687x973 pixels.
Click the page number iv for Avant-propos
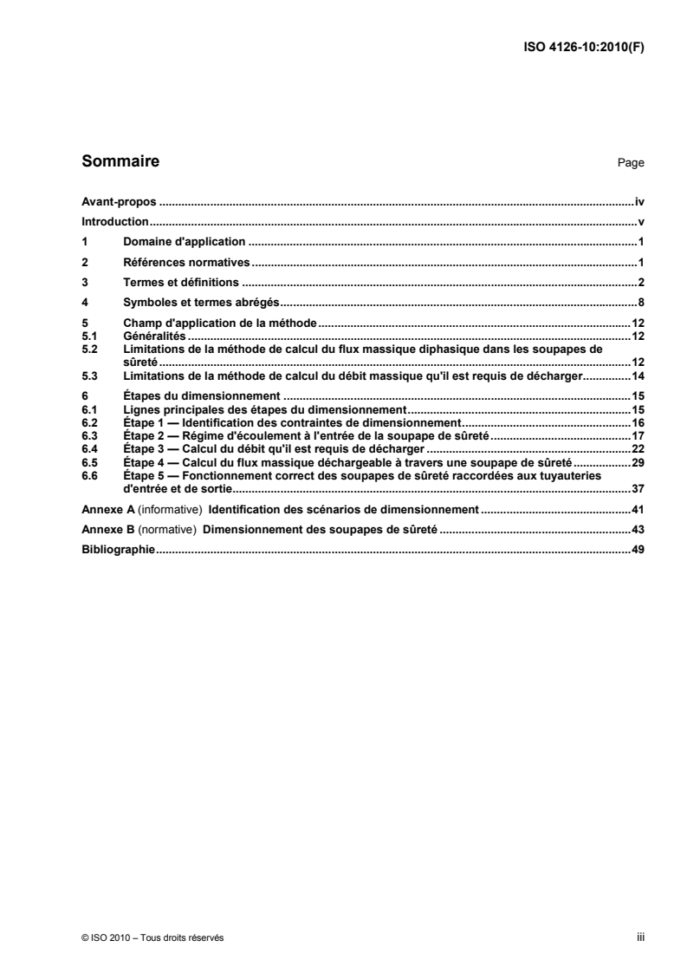click(639, 201)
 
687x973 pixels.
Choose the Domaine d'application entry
click(185, 241)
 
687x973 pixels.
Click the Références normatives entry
click(186, 261)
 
